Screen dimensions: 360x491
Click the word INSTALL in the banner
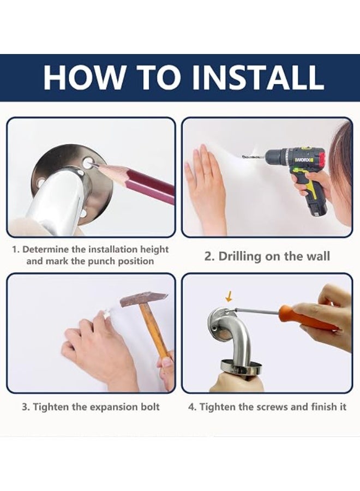(258, 77)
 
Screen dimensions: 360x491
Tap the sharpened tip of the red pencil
(92, 163)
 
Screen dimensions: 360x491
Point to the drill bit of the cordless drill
(254, 155)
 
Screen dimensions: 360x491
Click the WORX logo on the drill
(299, 160)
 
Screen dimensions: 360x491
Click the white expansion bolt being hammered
(106, 313)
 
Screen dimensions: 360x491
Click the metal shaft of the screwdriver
(257, 310)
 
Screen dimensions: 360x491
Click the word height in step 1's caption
(154, 250)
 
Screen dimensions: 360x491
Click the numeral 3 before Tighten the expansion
(25, 407)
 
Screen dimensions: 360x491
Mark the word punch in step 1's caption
(100, 261)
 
